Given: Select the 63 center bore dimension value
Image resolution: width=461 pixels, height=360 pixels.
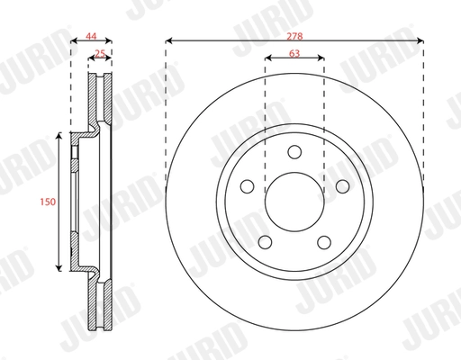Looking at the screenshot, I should [294, 52].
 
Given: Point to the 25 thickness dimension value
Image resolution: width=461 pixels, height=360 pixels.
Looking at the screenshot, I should [99, 53].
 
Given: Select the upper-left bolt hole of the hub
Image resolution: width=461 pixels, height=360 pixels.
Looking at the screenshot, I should [247, 186].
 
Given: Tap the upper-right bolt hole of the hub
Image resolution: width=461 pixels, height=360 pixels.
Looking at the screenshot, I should [342, 186].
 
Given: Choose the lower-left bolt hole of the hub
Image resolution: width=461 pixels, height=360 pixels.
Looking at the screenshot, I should [265, 242].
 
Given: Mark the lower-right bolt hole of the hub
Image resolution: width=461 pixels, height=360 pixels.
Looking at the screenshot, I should [324, 242].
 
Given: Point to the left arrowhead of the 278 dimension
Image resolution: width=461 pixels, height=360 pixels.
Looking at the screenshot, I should [168, 40].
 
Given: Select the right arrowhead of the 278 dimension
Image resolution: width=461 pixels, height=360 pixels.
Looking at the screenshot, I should [420, 40].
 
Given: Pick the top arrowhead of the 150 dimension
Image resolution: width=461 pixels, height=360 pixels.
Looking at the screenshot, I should [59, 135].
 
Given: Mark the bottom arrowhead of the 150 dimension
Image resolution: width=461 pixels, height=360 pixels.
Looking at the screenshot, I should [59, 269].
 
